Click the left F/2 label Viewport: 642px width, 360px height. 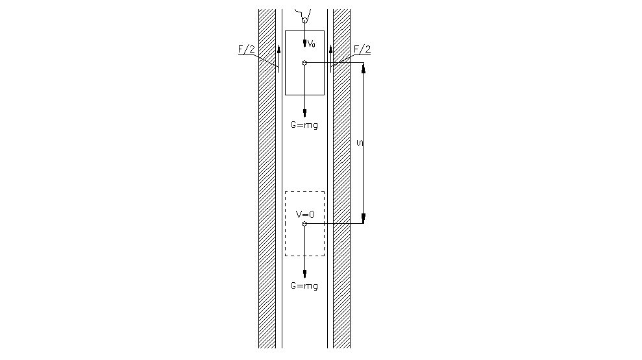click(x=247, y=49)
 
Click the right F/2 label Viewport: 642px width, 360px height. click(x=362, y=49)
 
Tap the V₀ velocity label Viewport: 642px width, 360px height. click(x=312, y=43)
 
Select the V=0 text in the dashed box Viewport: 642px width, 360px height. click(x=305, y=214)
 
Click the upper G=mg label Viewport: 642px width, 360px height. click(x=304, y=125)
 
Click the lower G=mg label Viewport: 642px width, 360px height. click(x=304, y=285)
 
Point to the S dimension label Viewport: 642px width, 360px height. click(x=360, y=143)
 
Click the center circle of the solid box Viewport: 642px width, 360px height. click(x=304, y=63)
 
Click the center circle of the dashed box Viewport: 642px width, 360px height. click(x=304, y=224)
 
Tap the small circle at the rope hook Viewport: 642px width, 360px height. click(x=304, y=20)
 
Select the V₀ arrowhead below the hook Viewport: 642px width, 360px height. click(x=304, y=43)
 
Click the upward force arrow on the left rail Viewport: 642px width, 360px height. click(x=279, y=58)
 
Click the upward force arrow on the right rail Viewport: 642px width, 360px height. click(x=331, y=58)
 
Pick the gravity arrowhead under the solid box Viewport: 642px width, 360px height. click(x=304, y=114)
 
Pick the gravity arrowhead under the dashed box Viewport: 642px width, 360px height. click(x=304, y=274)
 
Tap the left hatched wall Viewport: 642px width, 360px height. click(x=267, y=179)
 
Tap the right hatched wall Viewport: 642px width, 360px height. click(x=341, y=179)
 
